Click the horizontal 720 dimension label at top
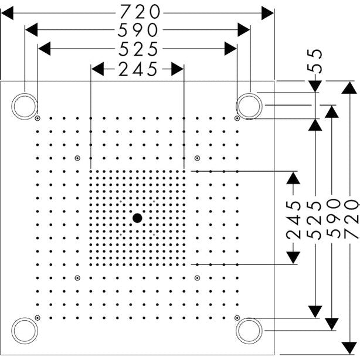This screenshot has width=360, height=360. [x=140, y=12]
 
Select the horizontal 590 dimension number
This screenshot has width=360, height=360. [x=138, y=30]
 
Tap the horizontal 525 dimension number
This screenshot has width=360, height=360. [x=138, y=49]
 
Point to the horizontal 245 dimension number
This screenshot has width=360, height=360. [x=138, y=69]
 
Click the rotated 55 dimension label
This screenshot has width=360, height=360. [x=315, y=62]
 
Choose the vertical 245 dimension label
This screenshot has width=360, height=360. [x=293, y=220]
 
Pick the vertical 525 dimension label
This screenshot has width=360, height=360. [x=314, y=220]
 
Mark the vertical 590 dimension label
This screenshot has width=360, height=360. [x=333, y=218]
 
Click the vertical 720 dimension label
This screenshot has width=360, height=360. [x=352, y=219]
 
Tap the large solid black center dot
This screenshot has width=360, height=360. [x=137, y=218]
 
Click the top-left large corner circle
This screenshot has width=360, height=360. [x=25, y=106]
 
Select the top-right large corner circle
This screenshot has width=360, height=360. [x=249, y=106]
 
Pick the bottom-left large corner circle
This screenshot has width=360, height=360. [x=25, y=331]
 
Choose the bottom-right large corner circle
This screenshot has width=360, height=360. [x=249, y=331]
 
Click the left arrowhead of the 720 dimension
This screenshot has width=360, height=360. [x=7, y=13]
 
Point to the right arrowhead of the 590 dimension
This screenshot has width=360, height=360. [x=244, y=30]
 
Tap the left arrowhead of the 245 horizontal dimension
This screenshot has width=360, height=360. [x=97, y=69]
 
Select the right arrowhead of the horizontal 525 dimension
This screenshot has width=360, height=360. [x=230, y=49]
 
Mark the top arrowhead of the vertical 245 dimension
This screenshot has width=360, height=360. [x=293, y=178]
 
